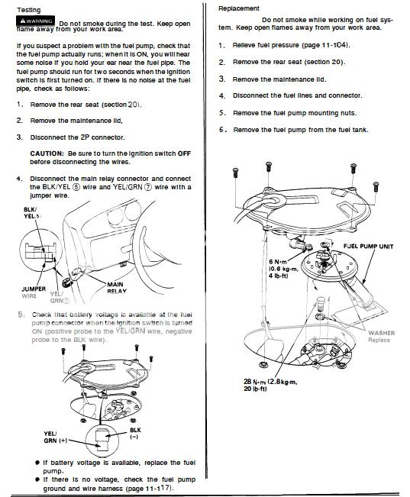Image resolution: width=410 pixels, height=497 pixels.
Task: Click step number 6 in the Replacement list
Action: click(x=221, y=130)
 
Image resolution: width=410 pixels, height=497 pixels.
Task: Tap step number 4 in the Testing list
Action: click(x=18, y=178)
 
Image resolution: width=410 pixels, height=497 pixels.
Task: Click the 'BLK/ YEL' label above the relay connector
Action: click(x=30, y=211)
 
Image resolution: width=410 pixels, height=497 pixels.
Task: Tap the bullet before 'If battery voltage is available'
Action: click(x=37, y=463)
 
